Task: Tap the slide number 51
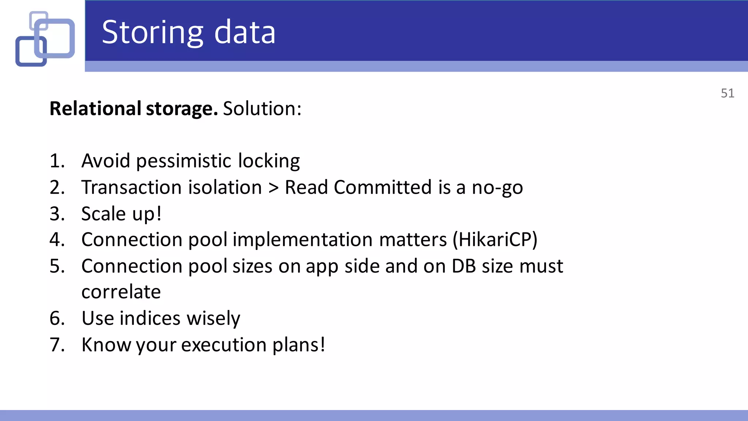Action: pos(727,93)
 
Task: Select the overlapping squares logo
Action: pos(45,39)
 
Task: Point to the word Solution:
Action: pos(262,109)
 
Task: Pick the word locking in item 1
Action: pos(269,161)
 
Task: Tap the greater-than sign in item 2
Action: pos(273,188)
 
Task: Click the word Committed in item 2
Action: pos(383,187)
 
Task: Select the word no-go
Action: pos(497,188)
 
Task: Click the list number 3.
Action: pos(57,214)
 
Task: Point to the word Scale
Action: pos(103,214)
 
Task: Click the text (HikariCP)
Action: pos(495,240)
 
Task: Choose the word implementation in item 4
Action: pos(303,240)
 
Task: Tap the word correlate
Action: pos(121,292)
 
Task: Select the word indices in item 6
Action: pos(150,318)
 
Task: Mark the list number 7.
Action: pos(57,345)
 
